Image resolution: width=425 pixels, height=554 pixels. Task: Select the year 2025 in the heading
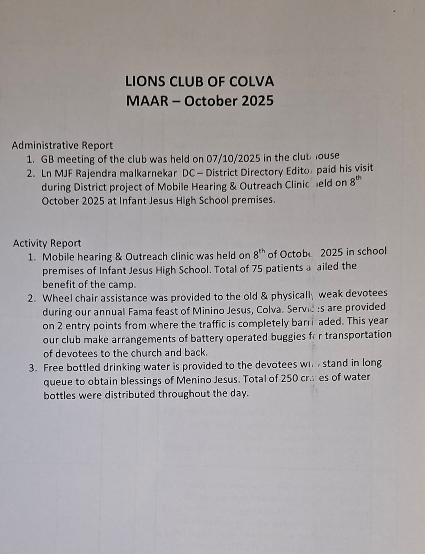(x=258, y=101)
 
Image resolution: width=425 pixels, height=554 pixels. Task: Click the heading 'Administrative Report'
(x=62, y=145)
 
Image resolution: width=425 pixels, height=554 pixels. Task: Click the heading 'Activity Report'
(x=47, y=243)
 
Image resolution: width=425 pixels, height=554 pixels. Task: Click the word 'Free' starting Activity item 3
(x=54, y=368)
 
